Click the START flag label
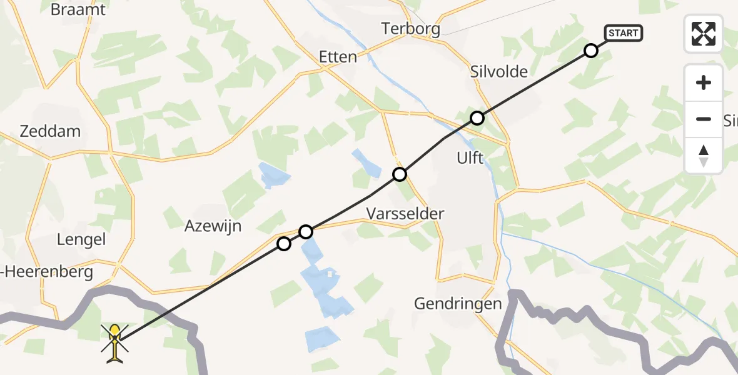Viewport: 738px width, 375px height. (x=623, y=33)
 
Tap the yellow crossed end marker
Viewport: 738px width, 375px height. (x=115, y=342)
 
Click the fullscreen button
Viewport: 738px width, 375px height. (x=704, y=34)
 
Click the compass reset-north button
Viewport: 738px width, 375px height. (x=704, y=156)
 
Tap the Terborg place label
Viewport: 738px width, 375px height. (x=411, y=29)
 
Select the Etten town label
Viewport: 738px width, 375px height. (x=338, y=57)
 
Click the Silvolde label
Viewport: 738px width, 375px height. (x=498, y=72)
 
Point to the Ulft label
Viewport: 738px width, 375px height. (x=470, y=158)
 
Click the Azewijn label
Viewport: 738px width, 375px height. (x=213, y=226)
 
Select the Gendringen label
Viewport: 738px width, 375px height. (x=458, y=304)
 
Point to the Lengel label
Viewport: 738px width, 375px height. (x=81, y=239)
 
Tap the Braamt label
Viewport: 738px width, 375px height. (x=78, y=10)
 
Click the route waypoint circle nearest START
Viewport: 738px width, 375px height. (x=590, y=51)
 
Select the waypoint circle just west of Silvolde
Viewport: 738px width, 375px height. (x=477, y=117)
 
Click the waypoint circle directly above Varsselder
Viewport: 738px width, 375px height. (x=400, y=174)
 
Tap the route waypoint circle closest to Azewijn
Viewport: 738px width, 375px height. (x=284, y=244)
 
